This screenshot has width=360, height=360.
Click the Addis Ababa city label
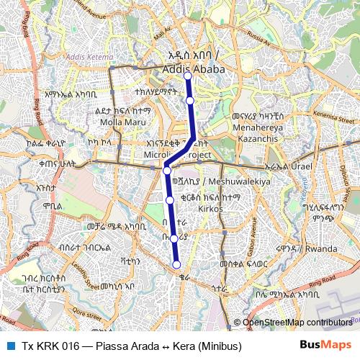tap(194, 68)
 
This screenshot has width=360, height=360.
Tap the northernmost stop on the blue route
tap(187, 75)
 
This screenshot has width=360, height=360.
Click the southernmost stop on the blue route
tap(177, 264)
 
